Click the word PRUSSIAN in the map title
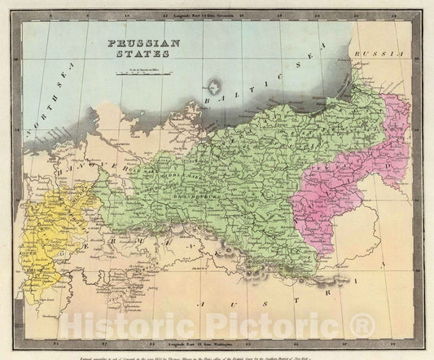coord(135,45)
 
